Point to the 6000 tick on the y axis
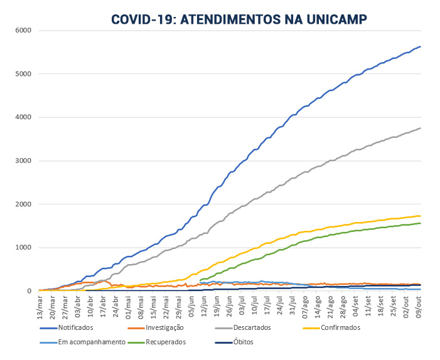(x=23, y=30)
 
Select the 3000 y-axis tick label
(x=23, y=161)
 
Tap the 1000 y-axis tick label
(x=23, y=248)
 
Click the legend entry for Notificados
(x=75, y=327)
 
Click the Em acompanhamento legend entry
(x=83, y=342)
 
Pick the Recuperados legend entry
(x=166, y=342)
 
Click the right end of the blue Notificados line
(x=420, y=46)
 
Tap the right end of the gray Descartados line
(x=420, y=128)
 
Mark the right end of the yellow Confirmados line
(x=420, y=216)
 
